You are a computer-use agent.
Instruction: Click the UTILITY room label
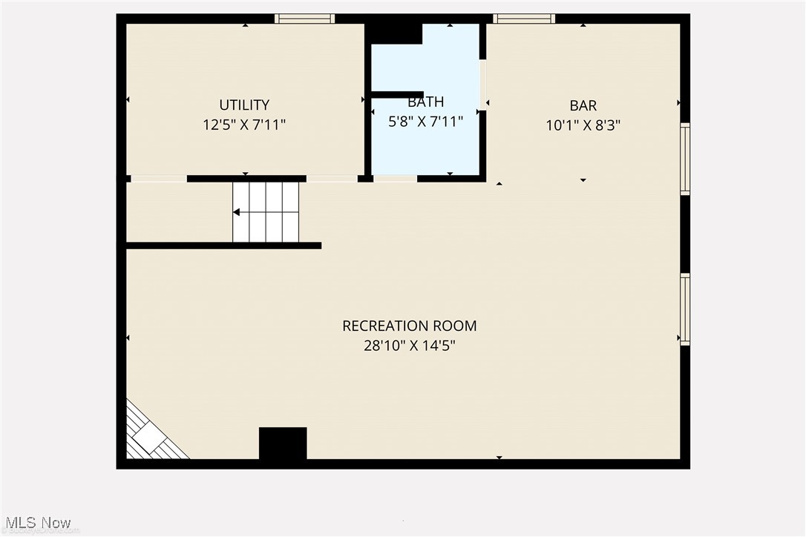click(244, 105)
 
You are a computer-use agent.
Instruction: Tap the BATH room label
click(426, 102)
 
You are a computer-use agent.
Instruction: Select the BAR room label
click(583, 106)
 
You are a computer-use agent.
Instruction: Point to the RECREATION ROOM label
click(409, 326)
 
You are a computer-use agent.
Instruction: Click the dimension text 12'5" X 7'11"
click(244, 125)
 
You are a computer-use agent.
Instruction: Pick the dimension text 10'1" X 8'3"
click(583, 125)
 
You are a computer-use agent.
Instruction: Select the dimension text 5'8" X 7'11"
click(426, 122)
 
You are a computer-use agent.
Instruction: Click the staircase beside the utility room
click(266, 212)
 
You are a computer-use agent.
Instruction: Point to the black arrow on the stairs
click(236, 212)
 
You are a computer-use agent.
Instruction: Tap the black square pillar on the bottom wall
click(283, 444)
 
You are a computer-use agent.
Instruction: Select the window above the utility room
click(304, 19)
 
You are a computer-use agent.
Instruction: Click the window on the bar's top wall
click(524, 19)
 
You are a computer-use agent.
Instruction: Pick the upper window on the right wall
click(685, 159)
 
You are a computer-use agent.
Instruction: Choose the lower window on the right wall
click(685, 309)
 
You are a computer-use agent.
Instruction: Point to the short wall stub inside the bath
click(397, 94)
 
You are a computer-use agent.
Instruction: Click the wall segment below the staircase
click(223, 246)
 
